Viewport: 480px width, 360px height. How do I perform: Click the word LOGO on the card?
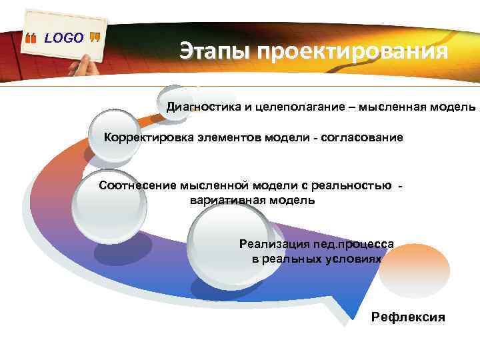coord(64,38)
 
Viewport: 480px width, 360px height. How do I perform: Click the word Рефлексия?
coord(408,317)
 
